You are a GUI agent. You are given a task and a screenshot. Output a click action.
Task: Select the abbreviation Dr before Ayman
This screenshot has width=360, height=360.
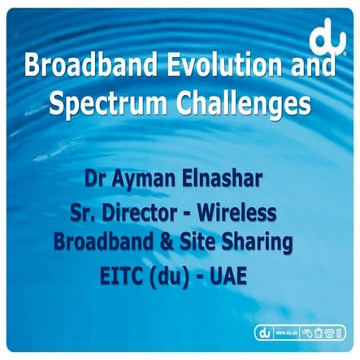click(x=96, y=176)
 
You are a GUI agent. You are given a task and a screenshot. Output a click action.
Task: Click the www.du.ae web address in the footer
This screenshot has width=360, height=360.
click(x=284, y=332)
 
